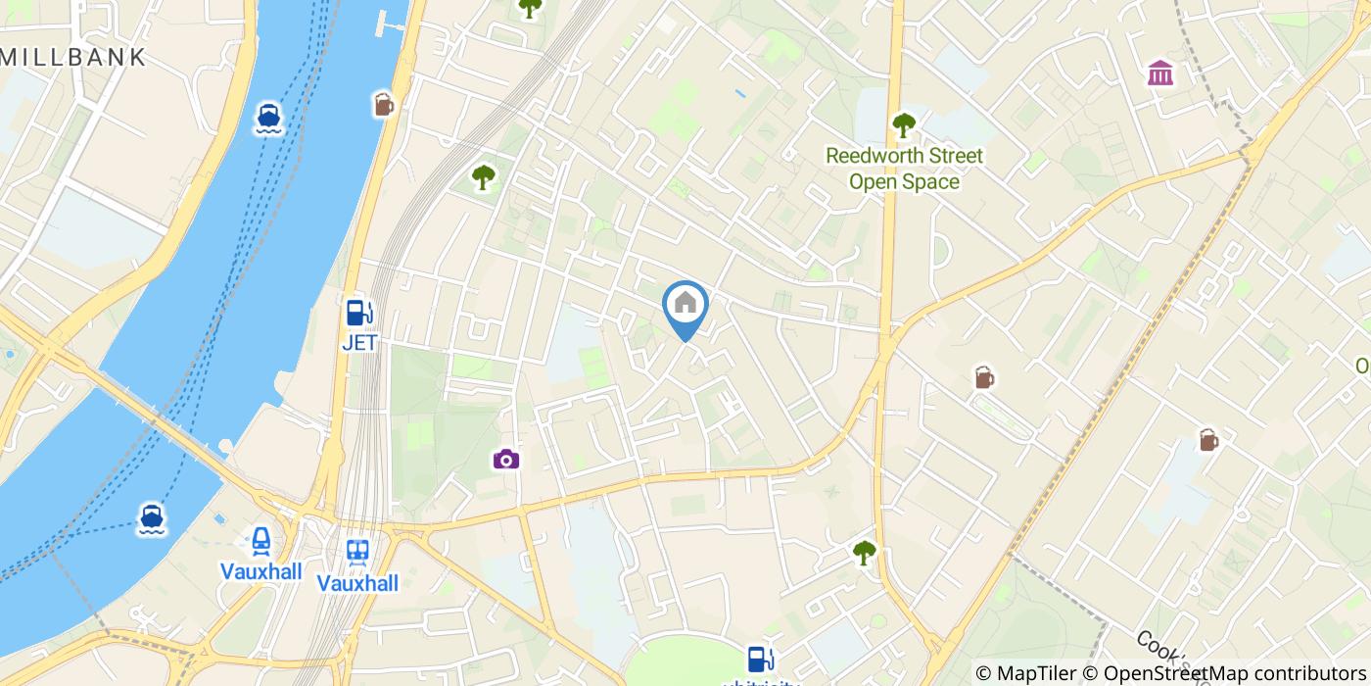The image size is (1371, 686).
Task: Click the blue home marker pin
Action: [685, 306]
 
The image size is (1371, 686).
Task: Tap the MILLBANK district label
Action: [73, 57]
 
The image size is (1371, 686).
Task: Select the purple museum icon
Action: [1160, 73]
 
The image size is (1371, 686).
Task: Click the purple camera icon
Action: [505, 459]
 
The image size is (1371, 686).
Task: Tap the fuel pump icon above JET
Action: [359, 313]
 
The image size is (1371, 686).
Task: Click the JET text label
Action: [359, 343]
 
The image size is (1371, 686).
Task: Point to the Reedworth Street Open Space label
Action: [903, 169]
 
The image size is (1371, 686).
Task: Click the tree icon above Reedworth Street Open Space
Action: [903, 124]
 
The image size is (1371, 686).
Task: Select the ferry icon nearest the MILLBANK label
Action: [269, 118]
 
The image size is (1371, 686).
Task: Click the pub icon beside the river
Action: [383, 104]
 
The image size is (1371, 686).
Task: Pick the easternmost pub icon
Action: [1208, 441]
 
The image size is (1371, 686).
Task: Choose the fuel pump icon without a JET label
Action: [757, 659]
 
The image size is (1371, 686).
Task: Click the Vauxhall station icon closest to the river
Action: [260, 541]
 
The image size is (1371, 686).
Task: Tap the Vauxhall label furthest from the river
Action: [357, 583]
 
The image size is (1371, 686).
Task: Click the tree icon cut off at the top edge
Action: [530, 8]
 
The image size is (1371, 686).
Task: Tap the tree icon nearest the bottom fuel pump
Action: [864, 554]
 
